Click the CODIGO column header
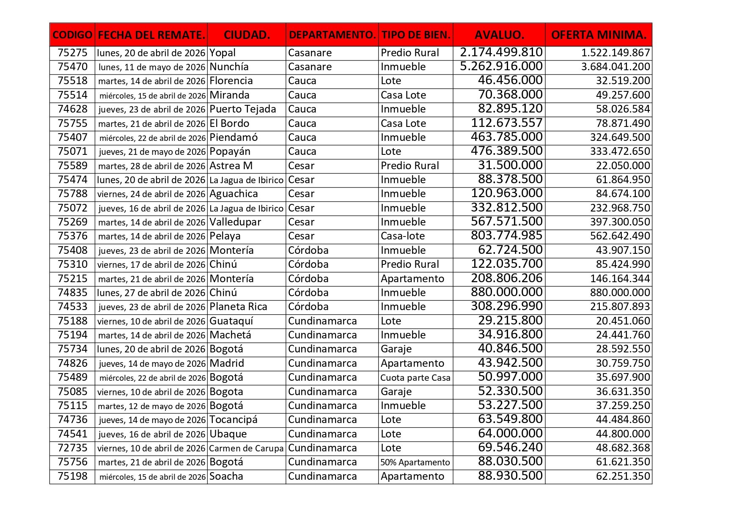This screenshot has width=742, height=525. [x=72, y=35]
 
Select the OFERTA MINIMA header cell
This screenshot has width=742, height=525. [x=599, y=35]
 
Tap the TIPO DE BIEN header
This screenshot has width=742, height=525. [x=415, y=35]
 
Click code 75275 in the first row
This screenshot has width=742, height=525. [x=72, y=53]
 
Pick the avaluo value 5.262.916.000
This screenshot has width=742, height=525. [x=501, y=66]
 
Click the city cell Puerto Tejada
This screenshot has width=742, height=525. [x=243, y=109]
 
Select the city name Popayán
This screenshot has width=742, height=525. [x=230, y=151]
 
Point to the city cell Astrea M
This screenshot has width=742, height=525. [x=231, y=166]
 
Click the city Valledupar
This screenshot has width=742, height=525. [x=235, y=222]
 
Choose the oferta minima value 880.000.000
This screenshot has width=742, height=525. [x=620, y=293]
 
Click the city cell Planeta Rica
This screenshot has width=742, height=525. [x=238, y=307]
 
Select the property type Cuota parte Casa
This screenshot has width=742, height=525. [x=415, y=378]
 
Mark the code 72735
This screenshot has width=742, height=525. [x=72, y=448]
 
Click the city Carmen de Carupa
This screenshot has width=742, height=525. [x=246, y=448]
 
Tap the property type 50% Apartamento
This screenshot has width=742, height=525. [x=415, y=462]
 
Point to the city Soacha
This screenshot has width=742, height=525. [x=226, y=476]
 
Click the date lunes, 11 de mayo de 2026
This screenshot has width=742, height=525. [x=152, y=67]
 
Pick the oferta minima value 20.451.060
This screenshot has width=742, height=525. [x=623, y=321]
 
